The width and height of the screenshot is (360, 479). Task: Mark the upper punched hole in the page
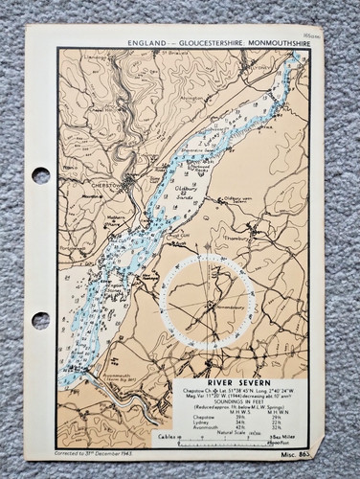(39, 176)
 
